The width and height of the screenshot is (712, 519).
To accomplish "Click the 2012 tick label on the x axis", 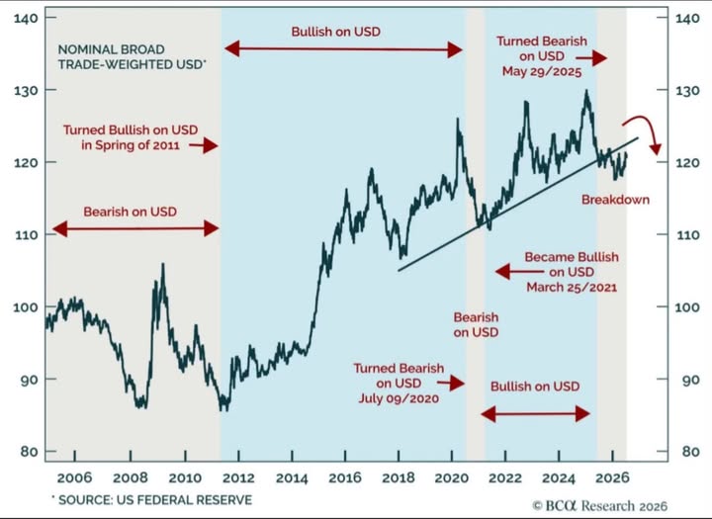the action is tap(238, 477).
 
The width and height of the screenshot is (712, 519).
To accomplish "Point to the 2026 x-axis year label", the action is tap(612, 477).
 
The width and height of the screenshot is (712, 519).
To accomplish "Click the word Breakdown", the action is tap(615, 200).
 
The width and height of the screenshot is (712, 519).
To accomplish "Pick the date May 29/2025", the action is tap(541, 72).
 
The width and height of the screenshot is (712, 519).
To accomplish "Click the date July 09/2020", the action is tap(399, 398).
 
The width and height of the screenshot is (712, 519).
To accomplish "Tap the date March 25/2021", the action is tap(572, 287).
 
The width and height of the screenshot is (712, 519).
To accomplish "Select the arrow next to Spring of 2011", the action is tap(204, 145).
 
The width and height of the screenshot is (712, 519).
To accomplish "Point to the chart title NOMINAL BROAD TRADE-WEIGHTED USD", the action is tap(132, 56).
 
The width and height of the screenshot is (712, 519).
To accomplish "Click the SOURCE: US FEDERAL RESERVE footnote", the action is tap(152, 500).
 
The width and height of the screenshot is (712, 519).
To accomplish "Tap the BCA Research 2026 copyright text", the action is tap(600, 506).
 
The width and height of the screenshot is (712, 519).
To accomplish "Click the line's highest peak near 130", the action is tap(586, 91).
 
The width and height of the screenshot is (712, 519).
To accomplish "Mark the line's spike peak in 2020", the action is tap(457, 120).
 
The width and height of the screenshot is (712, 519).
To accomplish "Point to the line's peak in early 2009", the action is tap(163, 264).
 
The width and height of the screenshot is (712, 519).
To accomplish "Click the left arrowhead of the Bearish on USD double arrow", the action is tap(59, 228).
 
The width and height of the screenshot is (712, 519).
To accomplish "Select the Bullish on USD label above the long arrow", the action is tap(335, 32).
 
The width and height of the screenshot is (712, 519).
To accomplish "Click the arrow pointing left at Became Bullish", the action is tap(519, 272).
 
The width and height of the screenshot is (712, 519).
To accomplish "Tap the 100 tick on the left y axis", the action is tap(26, 306).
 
